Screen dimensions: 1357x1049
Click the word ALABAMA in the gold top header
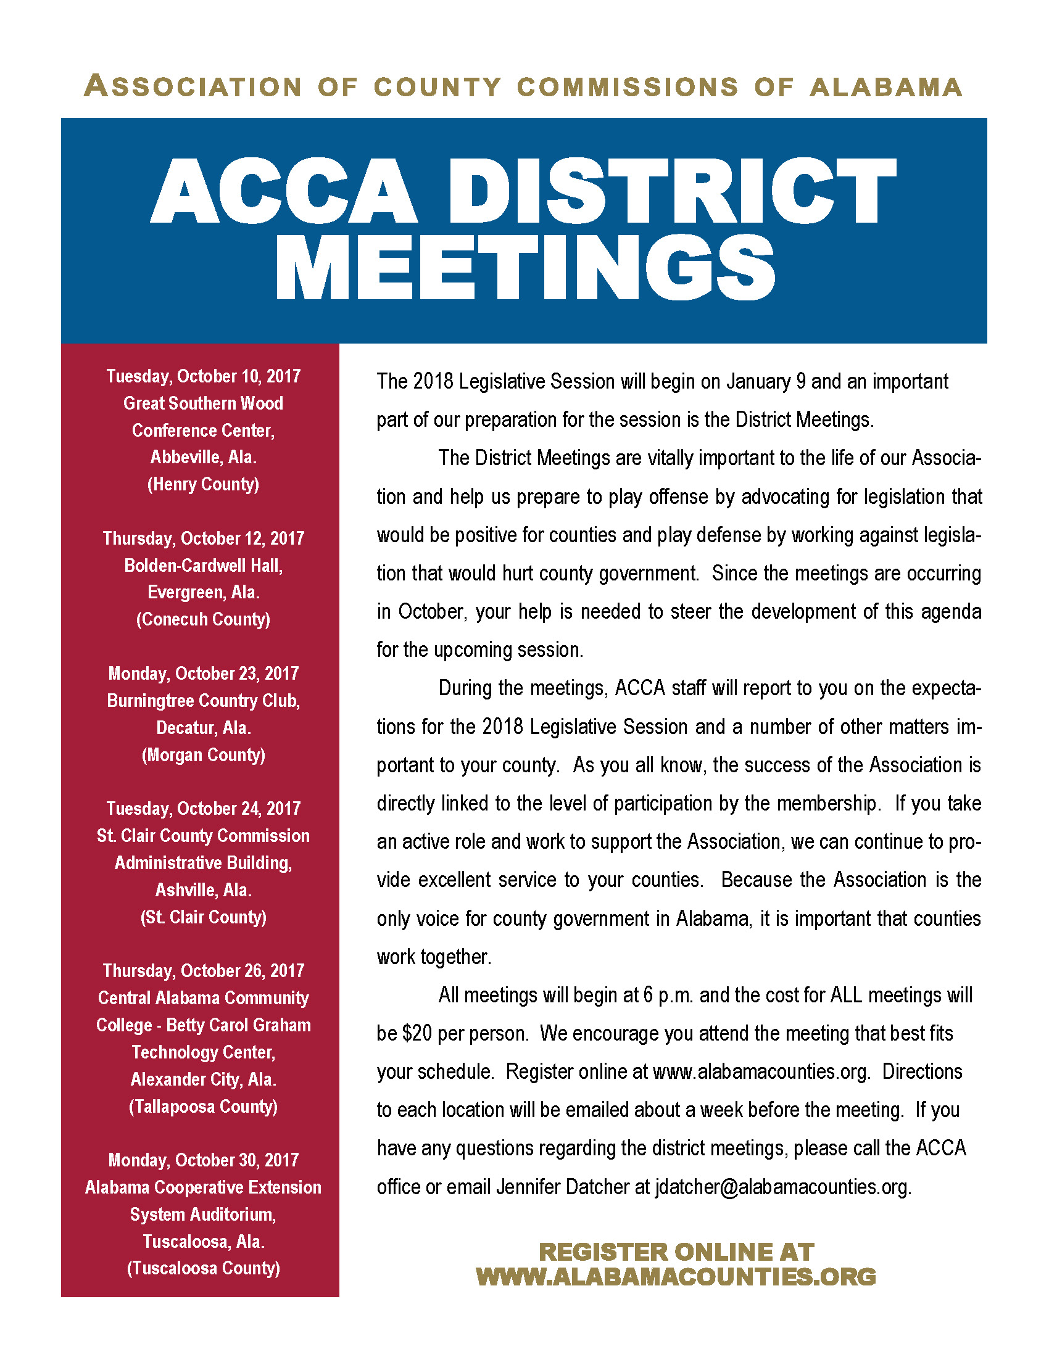point(886,87)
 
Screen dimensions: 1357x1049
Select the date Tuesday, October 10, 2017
point(203,376)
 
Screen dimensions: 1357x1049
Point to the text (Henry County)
point(203,484)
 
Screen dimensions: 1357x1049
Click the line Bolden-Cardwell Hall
point(203,566)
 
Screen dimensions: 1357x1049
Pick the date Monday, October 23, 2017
point(203,673)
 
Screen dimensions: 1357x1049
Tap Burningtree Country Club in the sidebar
point(203,700)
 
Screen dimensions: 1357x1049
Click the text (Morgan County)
point(203,754)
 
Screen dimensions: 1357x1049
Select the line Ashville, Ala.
point(203,889)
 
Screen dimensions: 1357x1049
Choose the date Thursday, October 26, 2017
point(203,970)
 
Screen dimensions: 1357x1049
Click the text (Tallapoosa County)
point(203,1106)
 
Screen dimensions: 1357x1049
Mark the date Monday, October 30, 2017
point(203,1160)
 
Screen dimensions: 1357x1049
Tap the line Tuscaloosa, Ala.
point(203,1241)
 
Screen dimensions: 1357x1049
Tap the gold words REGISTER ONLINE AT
point(676,1251)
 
